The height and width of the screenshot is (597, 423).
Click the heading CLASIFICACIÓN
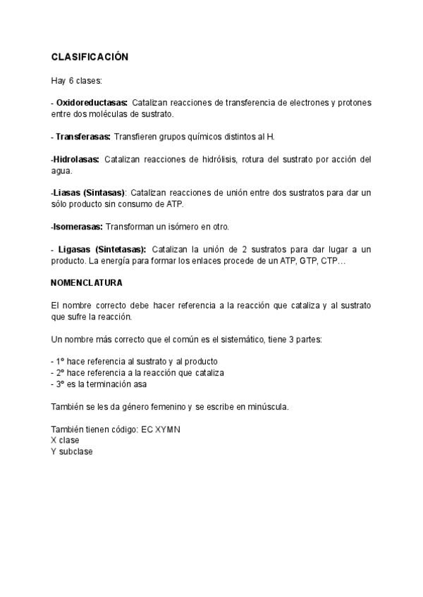(90, 57)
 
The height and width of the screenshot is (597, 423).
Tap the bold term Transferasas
(82, 136)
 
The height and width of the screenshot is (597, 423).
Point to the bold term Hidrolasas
(75, 159)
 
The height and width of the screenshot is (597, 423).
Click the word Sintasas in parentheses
(104, 192)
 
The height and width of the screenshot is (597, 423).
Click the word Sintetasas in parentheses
(122, 249)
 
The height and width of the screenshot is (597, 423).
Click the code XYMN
(166, 429)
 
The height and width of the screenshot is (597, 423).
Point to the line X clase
(65, 440)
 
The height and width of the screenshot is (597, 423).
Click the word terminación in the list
(111, 384)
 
